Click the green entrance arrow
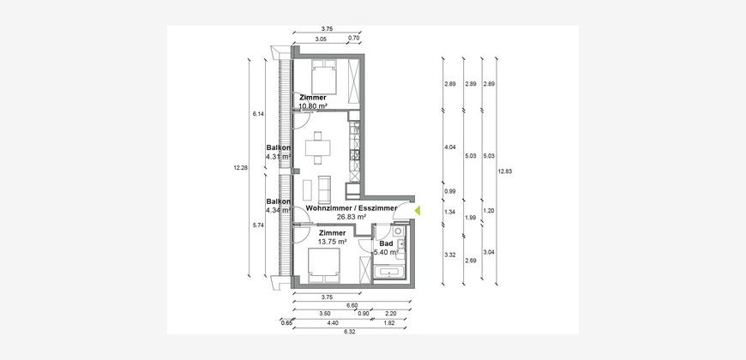pyautogui.click(x=418, y=211)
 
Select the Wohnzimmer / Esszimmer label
pyautogui.click(x=351, y=208)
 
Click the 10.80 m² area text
pyautogui.click(x=313, y=106)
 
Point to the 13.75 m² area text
pyautogui.click(x=332, y=241)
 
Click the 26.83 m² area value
pyautogui.click(x=351, y=216)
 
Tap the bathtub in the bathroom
pyautogui.click(x=389, y=273)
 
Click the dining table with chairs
pyautogui.click(x=318, y=147)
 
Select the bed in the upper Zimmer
pyautogui.click(x=324, y=77)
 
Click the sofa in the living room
pyautogui.click(x=325, y=189)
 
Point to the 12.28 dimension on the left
pyautogui.click(x=240, y=167)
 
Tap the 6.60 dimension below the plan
pyautogui.click(x=352, y=305)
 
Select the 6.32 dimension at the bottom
pyautogui.click(x=350, y=332)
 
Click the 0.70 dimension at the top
pyautogui.click(x=353, y=38)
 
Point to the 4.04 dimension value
pyautogui.click(x=450, y=147)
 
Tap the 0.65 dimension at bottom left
pyautogui.click(x=286, y=323)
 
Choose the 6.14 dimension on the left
pyautogui.click(x=258, y=114)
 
